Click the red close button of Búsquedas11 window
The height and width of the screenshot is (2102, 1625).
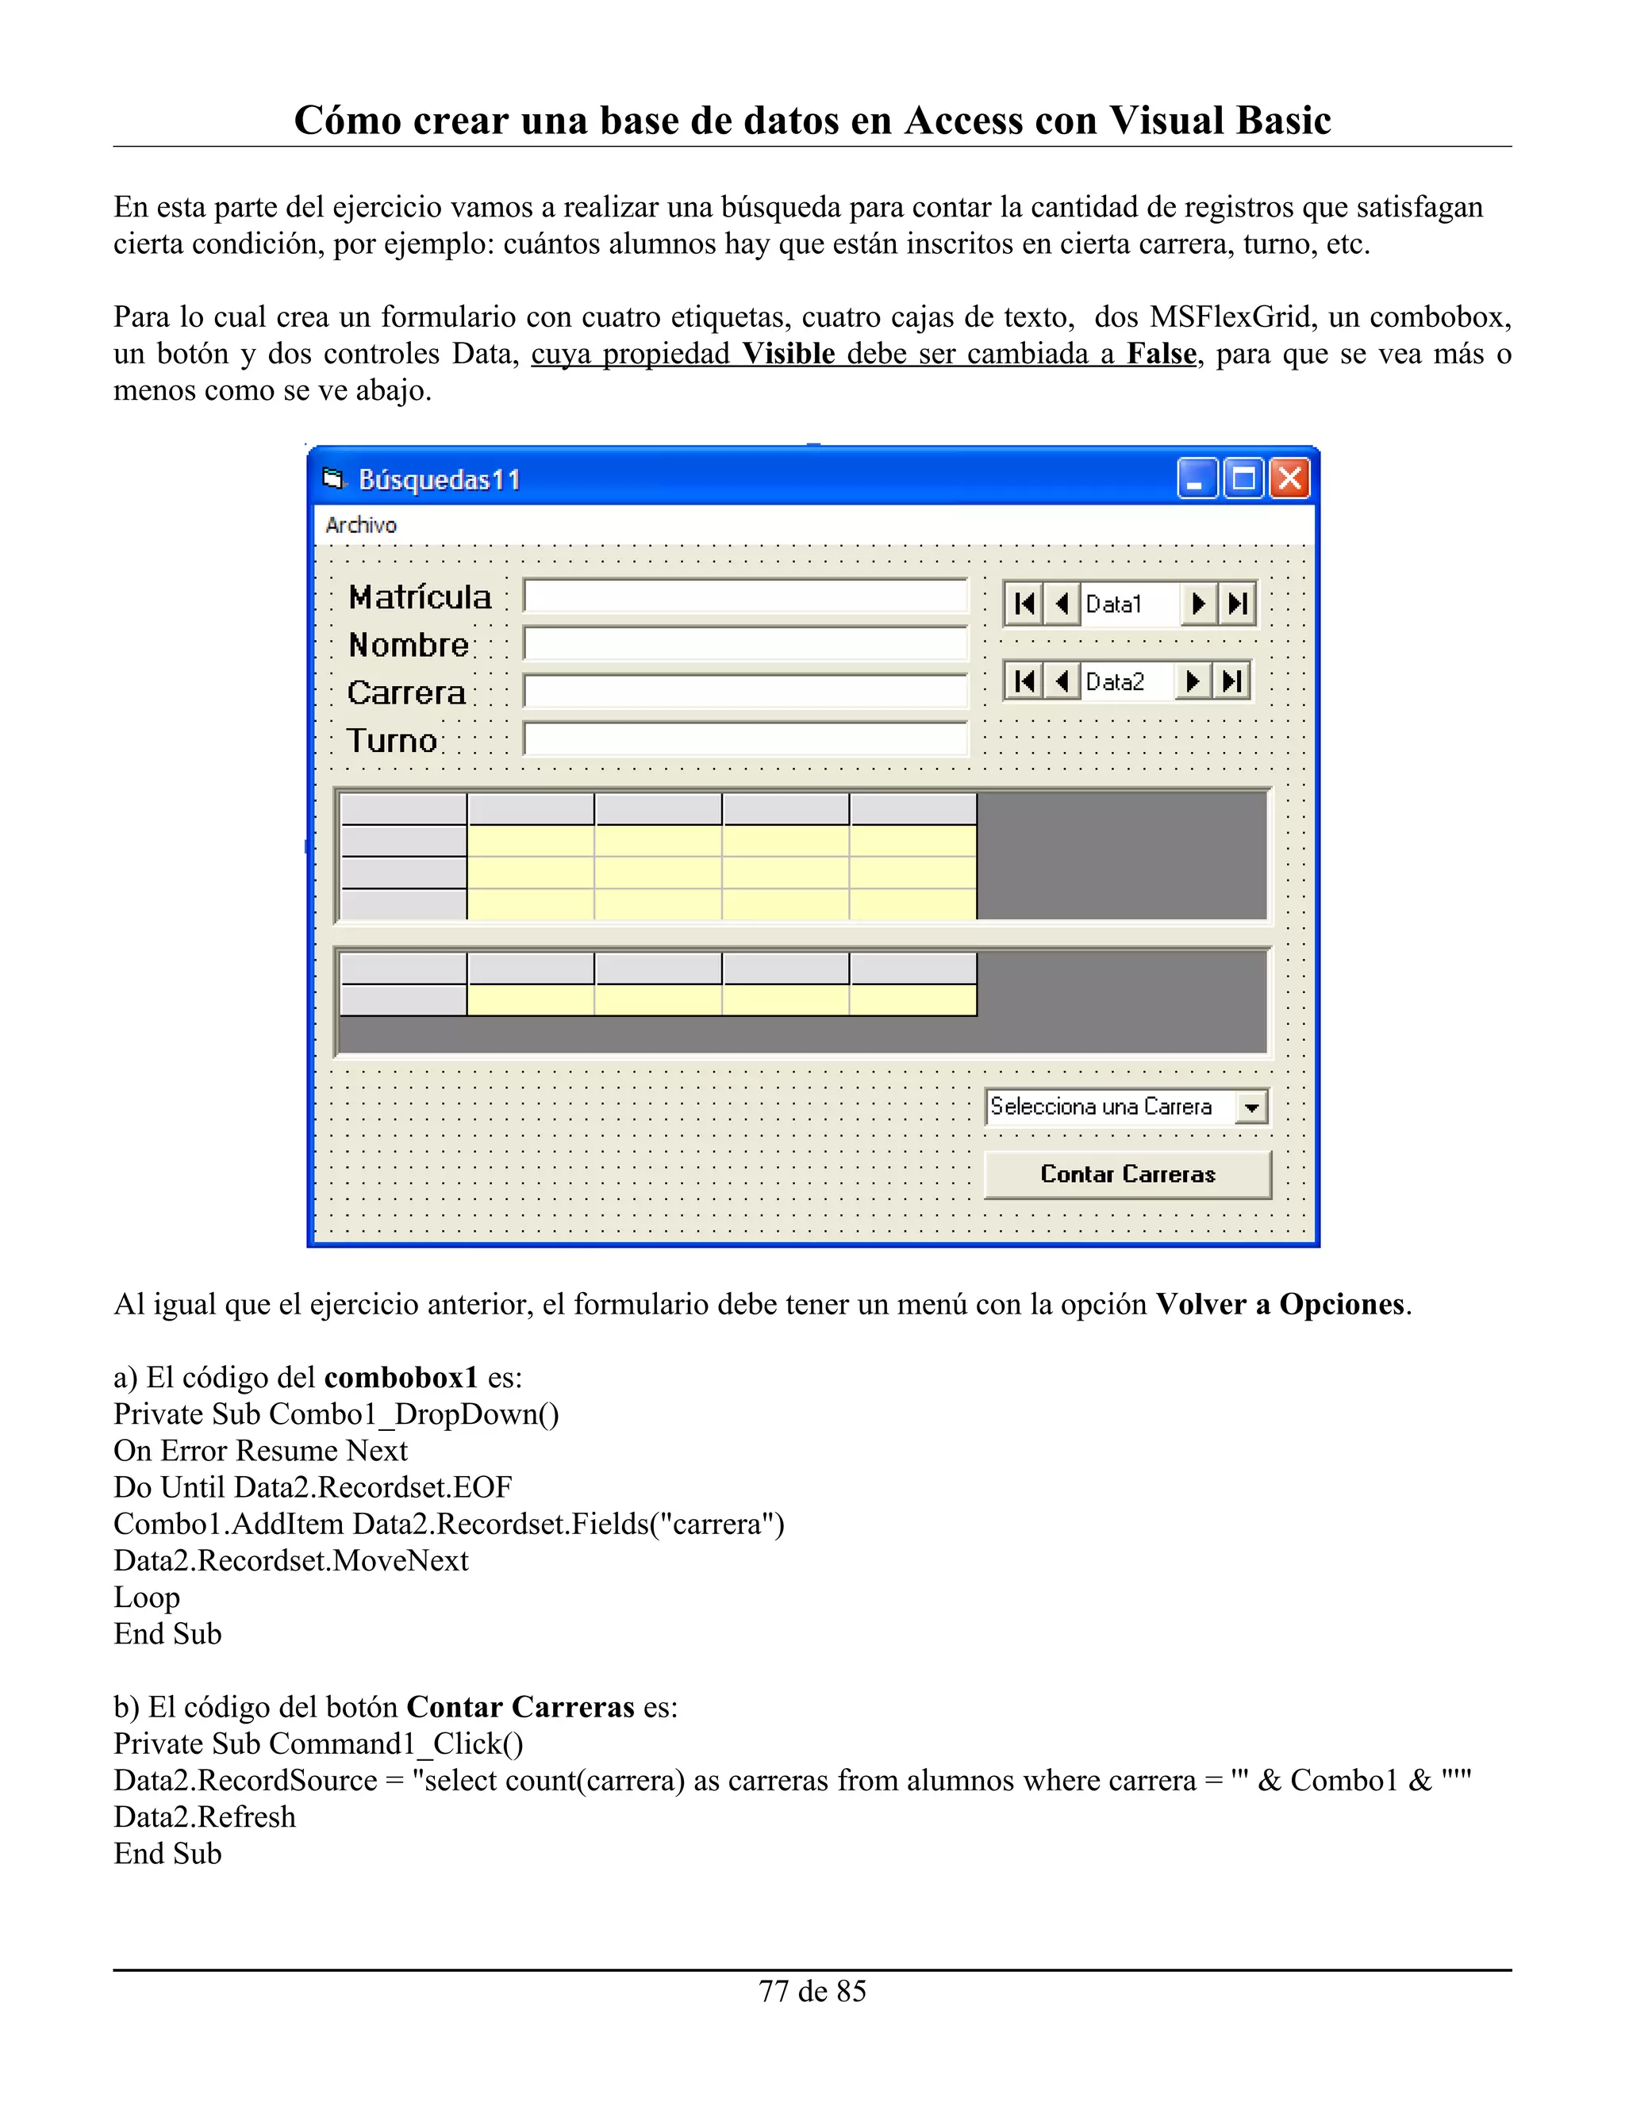click(1290, 478)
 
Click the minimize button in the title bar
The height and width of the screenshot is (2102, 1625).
click(1197, 478)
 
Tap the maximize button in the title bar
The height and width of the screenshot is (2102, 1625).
click(1244, 478)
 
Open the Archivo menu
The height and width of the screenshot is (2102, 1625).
click(361, 525)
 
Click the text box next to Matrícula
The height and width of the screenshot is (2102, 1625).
click(744, 596)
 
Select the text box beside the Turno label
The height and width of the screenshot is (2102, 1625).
click(744, 739)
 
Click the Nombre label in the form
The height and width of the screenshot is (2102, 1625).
click(408, 645)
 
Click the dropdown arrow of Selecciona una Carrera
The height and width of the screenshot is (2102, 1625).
click(1251, 1108)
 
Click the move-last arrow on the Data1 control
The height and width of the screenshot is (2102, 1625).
click(1238, 604)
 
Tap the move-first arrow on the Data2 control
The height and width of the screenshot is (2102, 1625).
click(1024, 681)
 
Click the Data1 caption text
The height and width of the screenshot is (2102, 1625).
click(1114, 604)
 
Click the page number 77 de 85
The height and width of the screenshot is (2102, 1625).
click(812, 1991)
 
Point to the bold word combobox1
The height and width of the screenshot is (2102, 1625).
click(401, 1377)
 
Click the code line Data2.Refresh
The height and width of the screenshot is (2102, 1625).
click(204, 1817)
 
